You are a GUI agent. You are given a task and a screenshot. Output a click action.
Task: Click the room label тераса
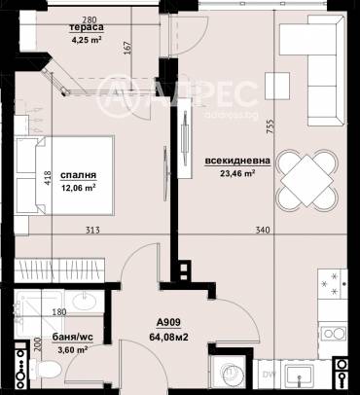(87, 28)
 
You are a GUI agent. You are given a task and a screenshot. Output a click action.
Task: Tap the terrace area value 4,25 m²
(87, 40)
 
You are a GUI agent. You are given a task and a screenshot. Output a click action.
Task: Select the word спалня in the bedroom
(79, 175)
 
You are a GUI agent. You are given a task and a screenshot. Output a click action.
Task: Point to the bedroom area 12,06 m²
(79, 188)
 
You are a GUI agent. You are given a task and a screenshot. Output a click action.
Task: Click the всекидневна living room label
(237, 161)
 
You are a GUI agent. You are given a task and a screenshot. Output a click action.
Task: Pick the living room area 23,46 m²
(237, 173)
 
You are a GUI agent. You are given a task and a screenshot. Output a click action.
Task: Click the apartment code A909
(168, 322)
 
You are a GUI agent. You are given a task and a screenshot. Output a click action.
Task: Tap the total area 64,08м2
(168, 337)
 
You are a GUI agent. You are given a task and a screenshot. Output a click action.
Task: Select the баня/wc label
(73, 337)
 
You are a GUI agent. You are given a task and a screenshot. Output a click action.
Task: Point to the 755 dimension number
(270, 126)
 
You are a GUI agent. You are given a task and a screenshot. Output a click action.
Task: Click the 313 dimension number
(92, 231)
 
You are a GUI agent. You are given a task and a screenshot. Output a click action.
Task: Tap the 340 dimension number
(263, 231)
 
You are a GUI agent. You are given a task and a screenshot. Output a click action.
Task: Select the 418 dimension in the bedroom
(48, 178)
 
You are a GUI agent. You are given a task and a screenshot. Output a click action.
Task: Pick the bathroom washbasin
(86, 302)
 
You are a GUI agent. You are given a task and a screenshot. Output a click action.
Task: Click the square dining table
(306, 181)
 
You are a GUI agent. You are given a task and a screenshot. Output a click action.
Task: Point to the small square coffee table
(277, 86)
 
